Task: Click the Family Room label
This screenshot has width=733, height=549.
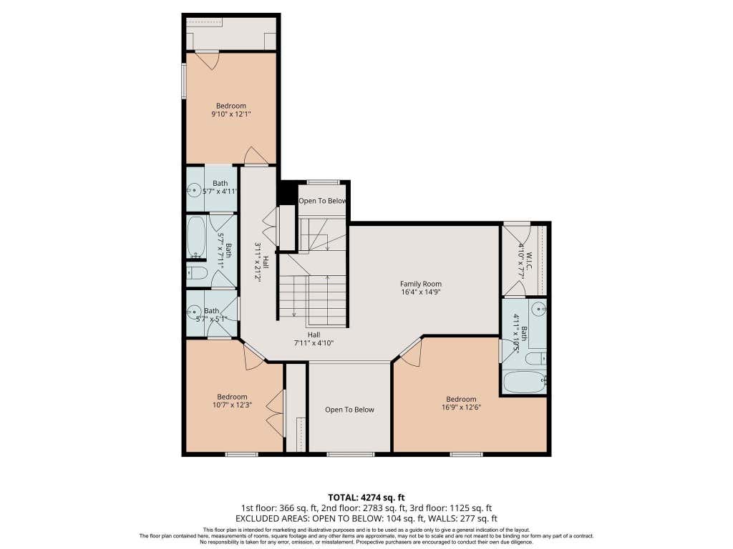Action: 421,283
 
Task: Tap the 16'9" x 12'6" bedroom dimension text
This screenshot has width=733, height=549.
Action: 462,407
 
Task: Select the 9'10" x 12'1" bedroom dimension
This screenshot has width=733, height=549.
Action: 231,114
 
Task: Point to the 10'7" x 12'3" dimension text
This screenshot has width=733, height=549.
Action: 233,405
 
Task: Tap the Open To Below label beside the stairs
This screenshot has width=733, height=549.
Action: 323,201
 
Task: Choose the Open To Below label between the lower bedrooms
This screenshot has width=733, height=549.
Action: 349,410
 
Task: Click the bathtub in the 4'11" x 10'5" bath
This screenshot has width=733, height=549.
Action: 525,382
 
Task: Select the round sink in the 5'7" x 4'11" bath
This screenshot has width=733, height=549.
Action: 193,190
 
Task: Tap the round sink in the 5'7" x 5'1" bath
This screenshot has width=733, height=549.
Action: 193,312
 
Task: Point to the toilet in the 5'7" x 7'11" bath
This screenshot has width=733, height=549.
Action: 197,273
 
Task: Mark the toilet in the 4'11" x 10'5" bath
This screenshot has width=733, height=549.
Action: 535,359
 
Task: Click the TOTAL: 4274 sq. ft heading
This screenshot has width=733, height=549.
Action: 366,498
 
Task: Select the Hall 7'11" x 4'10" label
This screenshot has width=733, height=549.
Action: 314,339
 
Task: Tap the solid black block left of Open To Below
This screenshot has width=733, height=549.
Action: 286,192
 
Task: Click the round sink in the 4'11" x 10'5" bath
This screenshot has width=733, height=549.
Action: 540,308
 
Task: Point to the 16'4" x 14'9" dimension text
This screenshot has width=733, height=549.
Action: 421,292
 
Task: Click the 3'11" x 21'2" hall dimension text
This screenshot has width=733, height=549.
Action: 258,262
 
